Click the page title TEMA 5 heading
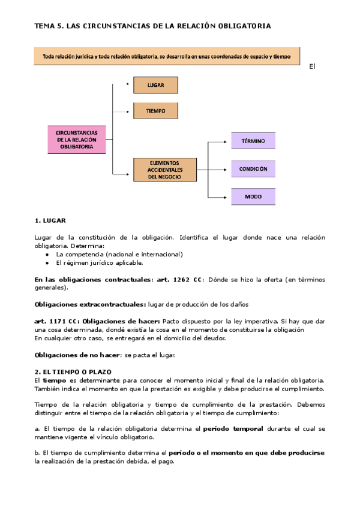[152, 26]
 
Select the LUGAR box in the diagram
[155, 85]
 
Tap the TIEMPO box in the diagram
[155, 111]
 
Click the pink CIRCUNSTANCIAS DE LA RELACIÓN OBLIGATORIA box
[77, 140]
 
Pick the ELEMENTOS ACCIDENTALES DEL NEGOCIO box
[164, 170]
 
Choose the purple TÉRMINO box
[253, 141]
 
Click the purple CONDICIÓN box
[253, 168]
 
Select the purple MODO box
[253, 196]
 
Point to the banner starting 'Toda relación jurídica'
[167, 57]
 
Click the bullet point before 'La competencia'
[47, 255]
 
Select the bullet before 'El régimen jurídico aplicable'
[47, 262]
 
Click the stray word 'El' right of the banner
[312, 66]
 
